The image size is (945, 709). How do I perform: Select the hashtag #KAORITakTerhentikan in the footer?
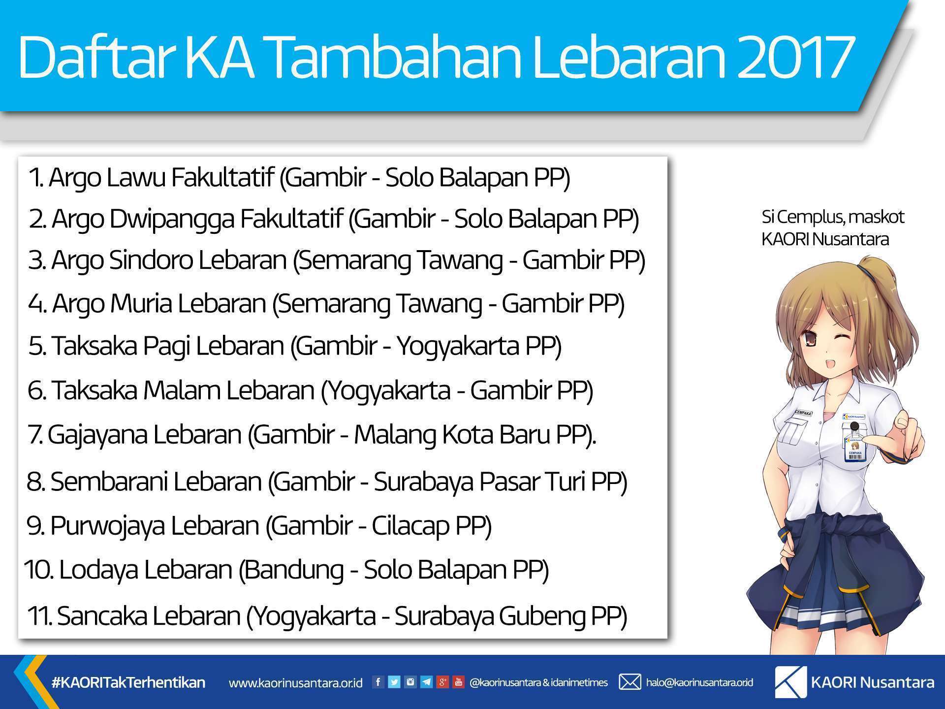point(128,682)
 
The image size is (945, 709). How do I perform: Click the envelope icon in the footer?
point(630,682)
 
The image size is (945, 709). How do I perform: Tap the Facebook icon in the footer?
point(378,682)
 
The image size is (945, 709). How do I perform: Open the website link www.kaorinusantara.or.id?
point(296,683)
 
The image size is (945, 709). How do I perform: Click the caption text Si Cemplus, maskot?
point(833,217)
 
